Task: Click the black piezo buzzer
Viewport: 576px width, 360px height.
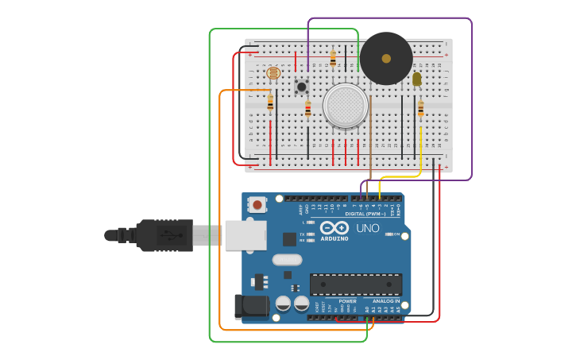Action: [x=386, y=59]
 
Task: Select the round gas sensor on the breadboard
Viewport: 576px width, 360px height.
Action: [x=345, y=106]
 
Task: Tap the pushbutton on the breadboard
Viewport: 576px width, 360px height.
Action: [x=302, y=86]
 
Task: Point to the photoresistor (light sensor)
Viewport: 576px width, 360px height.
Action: [x=273, y=73]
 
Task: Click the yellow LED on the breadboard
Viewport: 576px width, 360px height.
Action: [x=417, y=79]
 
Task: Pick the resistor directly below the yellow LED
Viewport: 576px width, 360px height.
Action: [x=420, y=109]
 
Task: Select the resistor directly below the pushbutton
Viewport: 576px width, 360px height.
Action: [x=308, y=110]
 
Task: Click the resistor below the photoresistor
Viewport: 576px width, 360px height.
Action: [x=270, y=102]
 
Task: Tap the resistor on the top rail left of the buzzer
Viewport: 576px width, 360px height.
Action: [x=333, y=58]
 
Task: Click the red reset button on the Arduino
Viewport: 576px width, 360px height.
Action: [x=257, y=204]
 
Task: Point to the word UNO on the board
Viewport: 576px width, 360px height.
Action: [x=367, y=228]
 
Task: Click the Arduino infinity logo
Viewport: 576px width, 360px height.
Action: [x=334, y=229]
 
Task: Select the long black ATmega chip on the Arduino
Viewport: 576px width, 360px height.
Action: [x=355, y=284]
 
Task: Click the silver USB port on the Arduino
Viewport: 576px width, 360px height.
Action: [x=245, y=235]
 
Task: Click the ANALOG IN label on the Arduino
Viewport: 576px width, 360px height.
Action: [x=386, y=301]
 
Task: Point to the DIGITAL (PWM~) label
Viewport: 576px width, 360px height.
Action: [x=365, y=214]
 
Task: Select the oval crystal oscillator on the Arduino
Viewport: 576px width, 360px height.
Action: [x=287, y=259]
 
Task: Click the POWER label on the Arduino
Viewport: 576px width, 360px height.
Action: [x=347, y=301]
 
